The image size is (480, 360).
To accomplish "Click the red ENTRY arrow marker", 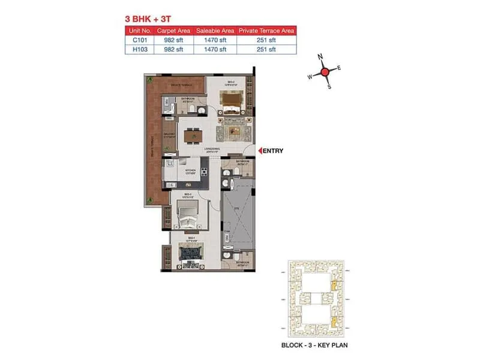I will pos(259,151).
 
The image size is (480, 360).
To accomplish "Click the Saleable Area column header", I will pos(214,30).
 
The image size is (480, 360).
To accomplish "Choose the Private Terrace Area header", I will pos(267,30).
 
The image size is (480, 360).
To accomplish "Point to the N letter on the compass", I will pos(320,57).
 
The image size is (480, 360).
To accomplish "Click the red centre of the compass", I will pos(325,72).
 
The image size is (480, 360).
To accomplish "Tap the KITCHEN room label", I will pos(191,170).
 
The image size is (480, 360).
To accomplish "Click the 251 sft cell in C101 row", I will pos(267,40).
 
